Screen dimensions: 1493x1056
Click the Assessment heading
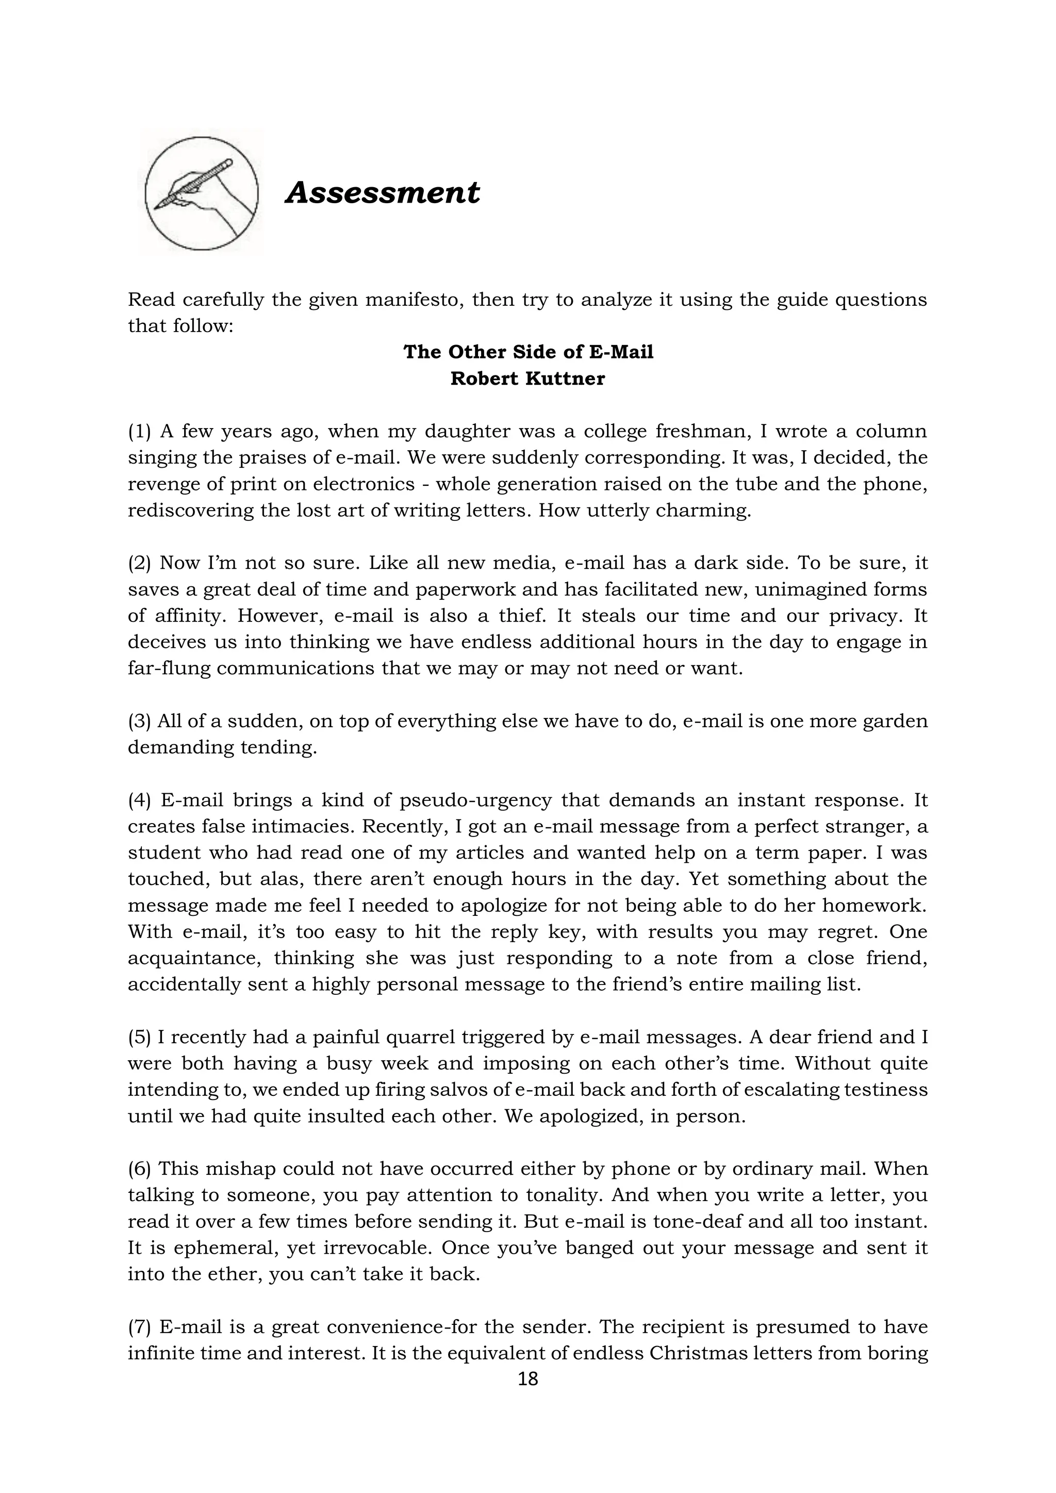point(383,193)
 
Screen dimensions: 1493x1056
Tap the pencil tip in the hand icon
point(157,208)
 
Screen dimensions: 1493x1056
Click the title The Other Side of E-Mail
point(528,352)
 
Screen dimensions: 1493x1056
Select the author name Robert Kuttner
point(527,379)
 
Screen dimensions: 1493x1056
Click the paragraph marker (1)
point(139,431)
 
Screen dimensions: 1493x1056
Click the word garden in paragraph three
point(895,721)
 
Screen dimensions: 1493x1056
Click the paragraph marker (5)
point(139,1037)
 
